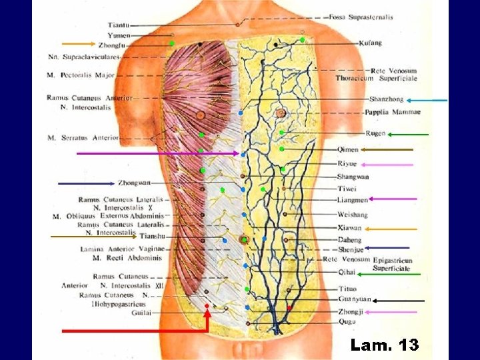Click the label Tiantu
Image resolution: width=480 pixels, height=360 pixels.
pos(119,25)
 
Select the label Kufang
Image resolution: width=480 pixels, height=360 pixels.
pos(370,43)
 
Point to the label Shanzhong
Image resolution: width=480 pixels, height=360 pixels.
pos(386,99)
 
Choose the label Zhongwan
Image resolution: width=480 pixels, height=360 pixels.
pos(134,183)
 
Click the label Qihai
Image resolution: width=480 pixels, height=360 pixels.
pos(347,272)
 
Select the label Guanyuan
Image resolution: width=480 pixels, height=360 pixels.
pos(354,299)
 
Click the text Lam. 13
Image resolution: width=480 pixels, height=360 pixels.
pos(384,345)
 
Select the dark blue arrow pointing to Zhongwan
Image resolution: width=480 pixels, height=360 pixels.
pos(86,183)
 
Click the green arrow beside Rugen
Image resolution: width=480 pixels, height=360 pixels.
pos(408,135)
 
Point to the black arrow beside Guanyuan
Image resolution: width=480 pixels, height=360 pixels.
pos(399,301)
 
